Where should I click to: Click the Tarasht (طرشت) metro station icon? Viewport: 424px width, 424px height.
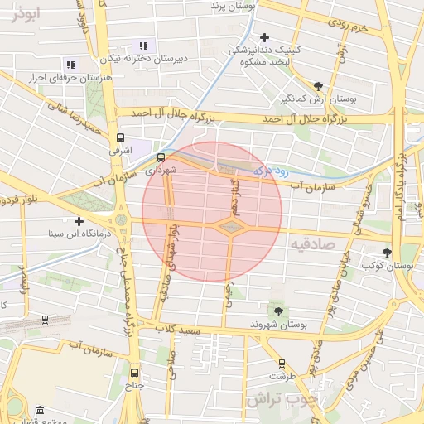[282, 364]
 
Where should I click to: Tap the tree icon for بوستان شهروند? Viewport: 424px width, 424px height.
[277, 311]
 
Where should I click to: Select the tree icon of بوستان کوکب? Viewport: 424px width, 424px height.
[387, 253]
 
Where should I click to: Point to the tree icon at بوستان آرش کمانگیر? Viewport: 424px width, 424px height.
[319, 85]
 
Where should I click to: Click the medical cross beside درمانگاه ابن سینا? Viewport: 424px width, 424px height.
[79, 221]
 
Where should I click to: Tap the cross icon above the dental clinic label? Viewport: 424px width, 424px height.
[264, 37]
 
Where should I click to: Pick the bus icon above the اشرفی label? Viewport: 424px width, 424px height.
[121, 138]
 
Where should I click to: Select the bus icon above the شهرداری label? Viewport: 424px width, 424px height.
[161, 157]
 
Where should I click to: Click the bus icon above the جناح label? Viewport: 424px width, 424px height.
[134, 372]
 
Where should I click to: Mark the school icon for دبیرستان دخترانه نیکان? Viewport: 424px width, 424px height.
[143, 46]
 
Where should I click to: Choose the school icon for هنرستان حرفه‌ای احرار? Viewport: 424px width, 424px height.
[70, 64]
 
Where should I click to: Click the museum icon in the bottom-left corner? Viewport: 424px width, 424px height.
[41, 411]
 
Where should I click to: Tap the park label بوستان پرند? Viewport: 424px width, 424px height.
[223, 7]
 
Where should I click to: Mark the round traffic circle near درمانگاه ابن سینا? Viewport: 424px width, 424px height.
[123, 220]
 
